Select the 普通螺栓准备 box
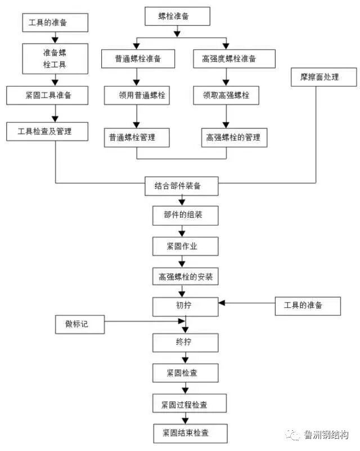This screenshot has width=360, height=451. [x=137, y=59]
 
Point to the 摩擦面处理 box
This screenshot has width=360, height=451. [x=324, y=77]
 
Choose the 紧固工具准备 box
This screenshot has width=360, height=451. [x=47, y=95]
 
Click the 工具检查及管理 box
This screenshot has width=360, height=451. [x=47, y=131]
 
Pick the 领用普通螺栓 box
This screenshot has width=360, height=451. [x=137, y=95]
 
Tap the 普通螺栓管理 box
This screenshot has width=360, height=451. [x=137, y=137]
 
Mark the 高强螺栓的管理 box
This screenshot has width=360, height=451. [x=233, y=137]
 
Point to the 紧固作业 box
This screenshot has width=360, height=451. [x=182, y=246]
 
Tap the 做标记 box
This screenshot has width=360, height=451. [x=80, y=324]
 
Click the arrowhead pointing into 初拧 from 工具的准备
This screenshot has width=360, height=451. [x=222, y=303]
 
